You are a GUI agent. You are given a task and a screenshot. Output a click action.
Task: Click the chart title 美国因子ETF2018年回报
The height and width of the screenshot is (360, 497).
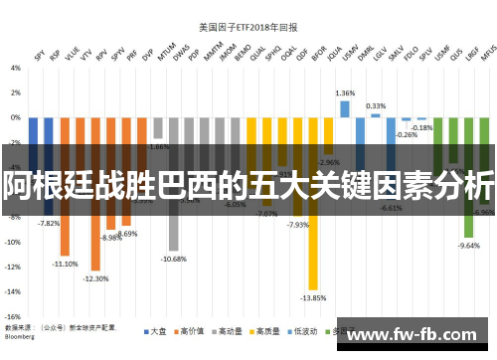click(248, 27)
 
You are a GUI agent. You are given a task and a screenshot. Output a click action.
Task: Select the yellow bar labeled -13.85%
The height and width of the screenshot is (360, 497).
click(313, 239)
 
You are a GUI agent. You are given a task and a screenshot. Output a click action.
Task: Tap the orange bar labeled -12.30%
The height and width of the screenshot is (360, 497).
click(96, 229)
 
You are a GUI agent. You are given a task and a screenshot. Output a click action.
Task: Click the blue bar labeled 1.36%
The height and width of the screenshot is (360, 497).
click(345, 108)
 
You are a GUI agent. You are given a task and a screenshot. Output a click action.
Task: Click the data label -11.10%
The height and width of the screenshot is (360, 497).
click(66, 264)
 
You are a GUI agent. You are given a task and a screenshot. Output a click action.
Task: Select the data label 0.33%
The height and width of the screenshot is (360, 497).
click(376, 105)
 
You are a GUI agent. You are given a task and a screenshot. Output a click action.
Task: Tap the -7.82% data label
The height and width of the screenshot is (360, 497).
click(49, 223)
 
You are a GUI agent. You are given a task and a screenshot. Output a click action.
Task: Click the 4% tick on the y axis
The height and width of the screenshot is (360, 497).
click(15, 68)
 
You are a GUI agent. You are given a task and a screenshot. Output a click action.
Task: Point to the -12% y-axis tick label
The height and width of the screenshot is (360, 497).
click(13, 267)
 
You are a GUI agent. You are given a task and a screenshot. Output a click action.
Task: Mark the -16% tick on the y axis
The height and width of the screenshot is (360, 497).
click(13, 316)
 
